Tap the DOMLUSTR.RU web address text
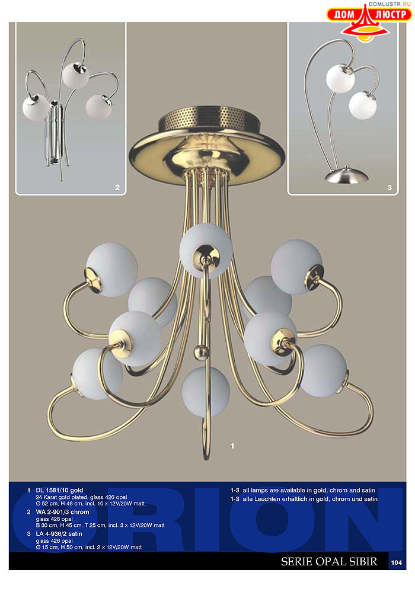(390, 4)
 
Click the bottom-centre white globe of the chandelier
(205, 392)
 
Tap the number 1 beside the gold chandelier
(232, 446)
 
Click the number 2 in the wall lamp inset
(117, 187)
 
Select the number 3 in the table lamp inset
(390, 187)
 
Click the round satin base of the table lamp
(346, 175)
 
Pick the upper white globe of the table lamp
(340, 78)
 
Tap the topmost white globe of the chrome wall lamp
(75, 75)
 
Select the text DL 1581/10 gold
(59, 490)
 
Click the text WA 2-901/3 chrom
(62, 512)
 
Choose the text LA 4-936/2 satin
(59, 534)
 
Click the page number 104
(397, 562)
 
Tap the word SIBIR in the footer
(363, 561)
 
